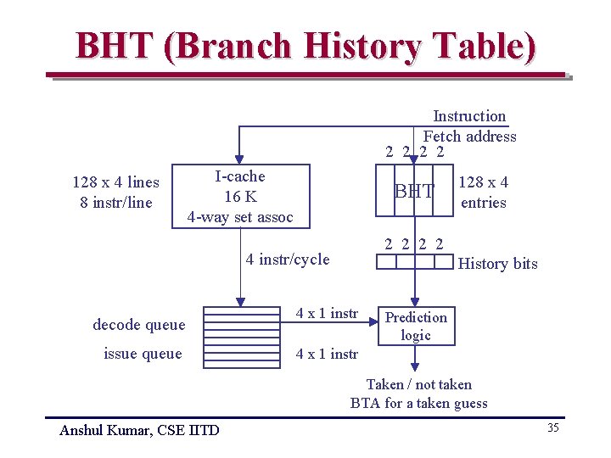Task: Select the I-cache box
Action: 240,197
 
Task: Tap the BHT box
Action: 414,192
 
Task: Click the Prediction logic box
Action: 416,326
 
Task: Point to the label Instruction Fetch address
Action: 469,126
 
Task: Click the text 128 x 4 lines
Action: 115,182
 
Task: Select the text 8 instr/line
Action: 115,203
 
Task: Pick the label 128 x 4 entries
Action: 484,192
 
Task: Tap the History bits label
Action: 497,264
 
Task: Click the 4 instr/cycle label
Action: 287,260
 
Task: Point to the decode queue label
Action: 139,324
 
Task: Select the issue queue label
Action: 143,354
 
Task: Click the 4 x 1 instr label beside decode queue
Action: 327,314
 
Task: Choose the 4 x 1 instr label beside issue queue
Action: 327,354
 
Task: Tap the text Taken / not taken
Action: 418,384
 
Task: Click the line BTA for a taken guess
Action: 418,404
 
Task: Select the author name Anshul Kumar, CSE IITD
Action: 139,430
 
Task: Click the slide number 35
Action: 552,427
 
